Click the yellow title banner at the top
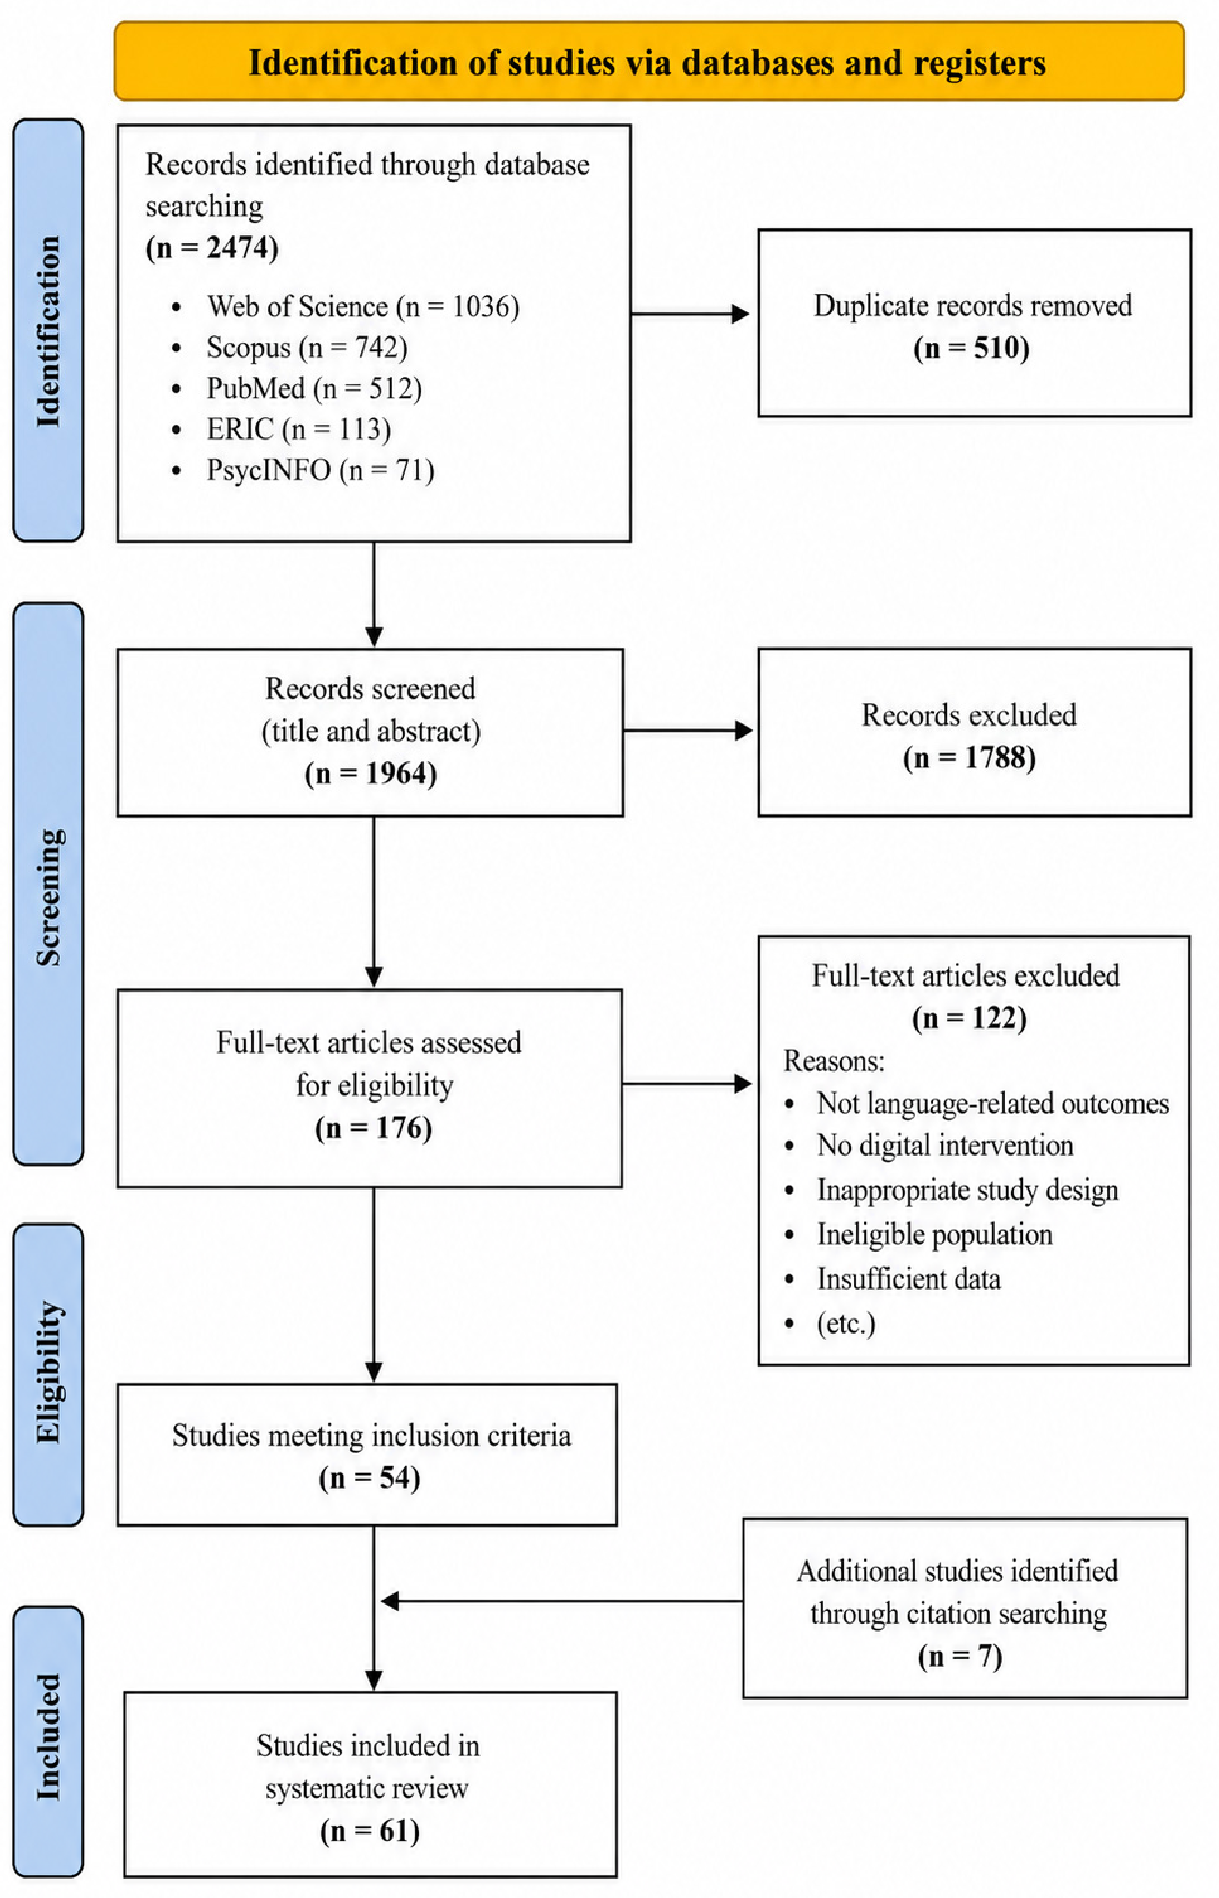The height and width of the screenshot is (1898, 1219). tap(649, 61)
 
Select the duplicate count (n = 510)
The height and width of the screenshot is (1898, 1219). tap(971, 348)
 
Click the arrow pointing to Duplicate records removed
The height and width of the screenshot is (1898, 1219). tap(690, 314)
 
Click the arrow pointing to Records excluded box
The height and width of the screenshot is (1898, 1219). tap(688, 731)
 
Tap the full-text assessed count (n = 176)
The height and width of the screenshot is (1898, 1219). tap(374, 1128)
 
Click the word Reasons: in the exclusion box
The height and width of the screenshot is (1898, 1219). tap(834, 1061)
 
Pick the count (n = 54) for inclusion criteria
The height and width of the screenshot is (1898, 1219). tap(370, 1478)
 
